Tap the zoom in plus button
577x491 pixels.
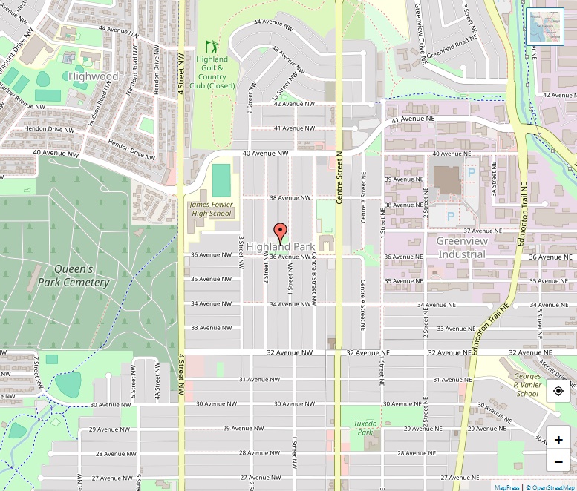pyautogui.click(x=558, y=439)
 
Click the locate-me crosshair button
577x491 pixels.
pyautogui.click(x=558, y=391)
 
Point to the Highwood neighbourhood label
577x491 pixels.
pyautogui.click(x=93, y=76)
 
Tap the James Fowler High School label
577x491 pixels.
pyautogui.click(x=211, y=209)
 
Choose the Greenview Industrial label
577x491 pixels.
pyautogui.click(x=461, y=248)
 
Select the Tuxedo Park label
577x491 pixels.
pyautogui.click(x=364, y=428)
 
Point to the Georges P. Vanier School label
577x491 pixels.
pyautogui.click(x=527, y=384)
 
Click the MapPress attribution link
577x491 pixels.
pyautogui.click(x=507, y=487)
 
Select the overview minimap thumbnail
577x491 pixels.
pyautogui.click(x=544, y=27)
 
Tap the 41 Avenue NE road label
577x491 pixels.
pyautogui.click(x=412, y=119)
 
